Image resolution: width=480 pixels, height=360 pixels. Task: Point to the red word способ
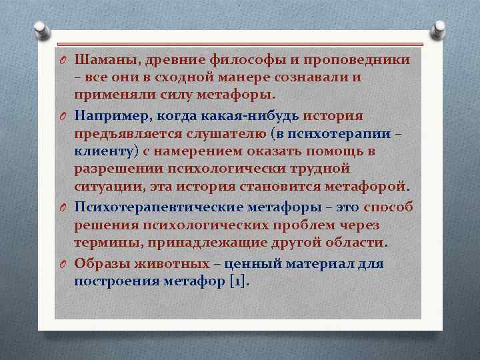point(388,207)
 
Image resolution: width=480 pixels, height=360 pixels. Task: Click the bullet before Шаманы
point(63,61)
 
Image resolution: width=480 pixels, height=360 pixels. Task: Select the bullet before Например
point(63,116)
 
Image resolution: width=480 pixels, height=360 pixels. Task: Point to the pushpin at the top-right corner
point(439,30)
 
